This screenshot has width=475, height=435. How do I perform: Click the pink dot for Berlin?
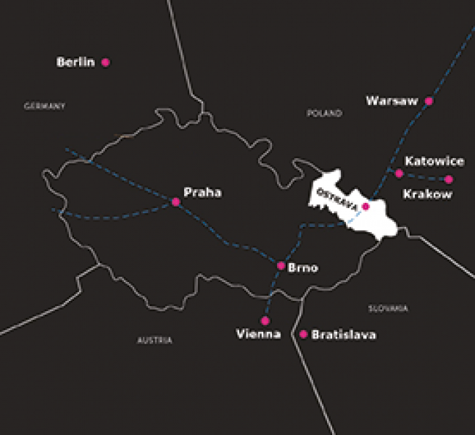pos(105,62)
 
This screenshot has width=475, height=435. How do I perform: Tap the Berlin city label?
pos(75,62)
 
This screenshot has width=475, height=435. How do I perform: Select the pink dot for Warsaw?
pos(429,101)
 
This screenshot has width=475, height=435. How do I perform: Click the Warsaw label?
pos(392,101)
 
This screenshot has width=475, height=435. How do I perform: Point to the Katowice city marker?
pos(399,173)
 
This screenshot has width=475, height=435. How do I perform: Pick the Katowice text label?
pos(434,161)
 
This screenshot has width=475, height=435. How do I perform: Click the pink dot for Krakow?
pos(449,179)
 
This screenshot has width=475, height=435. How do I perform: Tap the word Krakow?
pos(427,194)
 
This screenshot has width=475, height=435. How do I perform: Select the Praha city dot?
pos(175,202)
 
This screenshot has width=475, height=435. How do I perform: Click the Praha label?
pos(202,192)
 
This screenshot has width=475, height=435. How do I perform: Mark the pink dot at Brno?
pos(281,266)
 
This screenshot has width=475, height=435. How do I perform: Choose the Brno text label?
pos(302,268)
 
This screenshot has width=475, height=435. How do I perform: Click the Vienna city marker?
pos(265,320)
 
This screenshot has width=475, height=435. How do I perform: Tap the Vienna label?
pos(258,334)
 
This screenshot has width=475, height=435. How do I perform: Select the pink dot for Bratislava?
pos(304,334)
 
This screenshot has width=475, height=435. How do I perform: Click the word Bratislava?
pos(343,335)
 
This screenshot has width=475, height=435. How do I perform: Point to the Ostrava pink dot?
pos(365,206)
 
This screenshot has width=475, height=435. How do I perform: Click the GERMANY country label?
pos(44,107)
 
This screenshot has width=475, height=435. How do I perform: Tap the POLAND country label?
pos(324,114)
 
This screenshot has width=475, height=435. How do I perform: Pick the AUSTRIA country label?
pos(154,339)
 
